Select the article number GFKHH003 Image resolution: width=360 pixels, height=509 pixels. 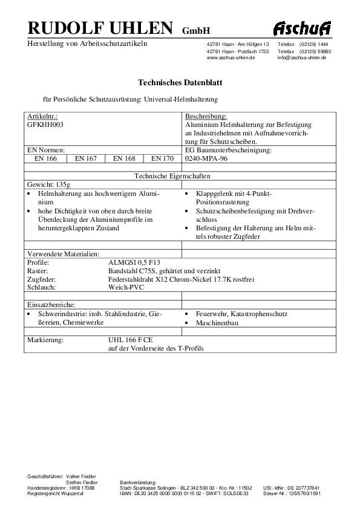45,124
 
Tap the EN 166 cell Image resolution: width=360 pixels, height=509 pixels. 45,158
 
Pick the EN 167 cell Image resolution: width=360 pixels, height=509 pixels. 85,158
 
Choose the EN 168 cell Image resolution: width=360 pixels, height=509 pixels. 123,158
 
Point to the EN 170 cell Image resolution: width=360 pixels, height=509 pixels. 162,158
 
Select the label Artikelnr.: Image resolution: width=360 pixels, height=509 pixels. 42,115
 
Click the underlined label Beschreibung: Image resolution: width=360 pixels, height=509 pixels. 206,115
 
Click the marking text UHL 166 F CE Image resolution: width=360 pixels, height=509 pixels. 130,340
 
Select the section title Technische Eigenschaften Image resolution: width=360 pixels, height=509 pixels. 180,176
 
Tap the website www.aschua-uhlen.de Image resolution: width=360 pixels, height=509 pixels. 231,57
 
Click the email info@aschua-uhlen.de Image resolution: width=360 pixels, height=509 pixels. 302,57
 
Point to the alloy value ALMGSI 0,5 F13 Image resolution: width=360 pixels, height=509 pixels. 134,264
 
